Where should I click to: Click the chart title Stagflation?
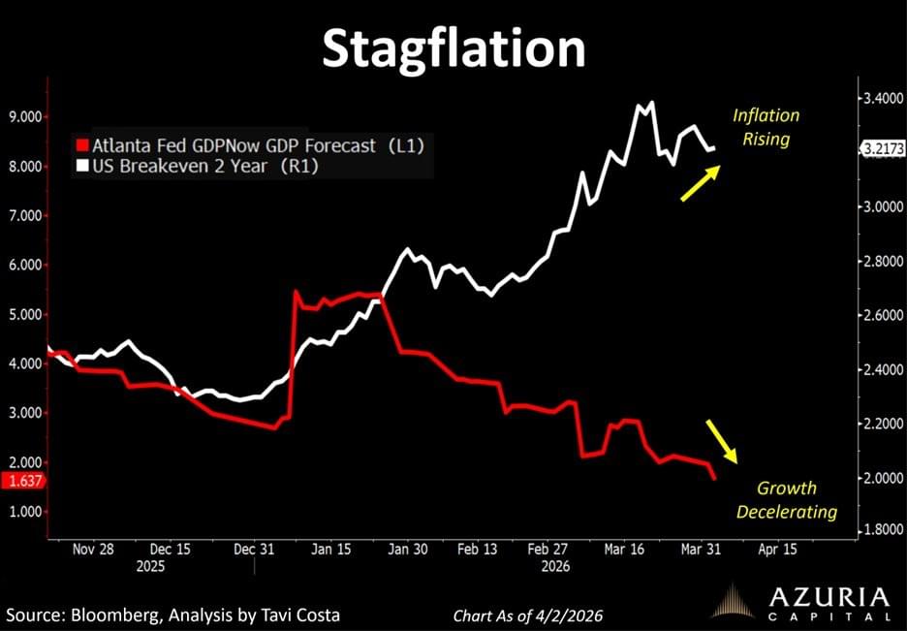pos(453,47)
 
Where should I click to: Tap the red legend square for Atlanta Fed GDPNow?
pos(83,146)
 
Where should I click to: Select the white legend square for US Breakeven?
pos(83,167)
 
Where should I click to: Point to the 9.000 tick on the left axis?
pos(26,116)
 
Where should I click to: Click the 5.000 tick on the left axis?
pos(26,314)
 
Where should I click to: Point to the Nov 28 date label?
pos(93,549)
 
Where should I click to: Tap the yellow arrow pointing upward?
pos(699,183)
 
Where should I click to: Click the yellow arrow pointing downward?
pos(721,442)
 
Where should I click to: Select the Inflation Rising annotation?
pos(766,127)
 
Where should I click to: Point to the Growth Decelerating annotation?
pos(786,499)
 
